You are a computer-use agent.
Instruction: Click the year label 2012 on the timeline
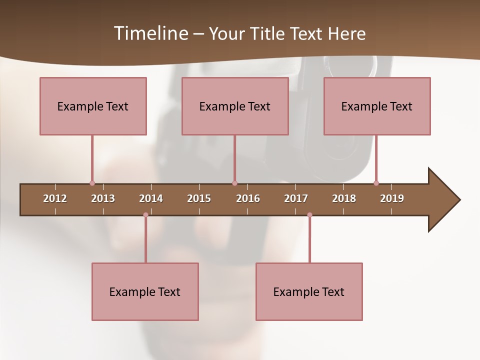[x=55, y=198]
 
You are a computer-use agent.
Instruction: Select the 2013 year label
[x=103, y=198]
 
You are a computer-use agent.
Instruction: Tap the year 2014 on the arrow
[x=151, y=198]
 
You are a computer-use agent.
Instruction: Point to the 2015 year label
[x=199, y=198]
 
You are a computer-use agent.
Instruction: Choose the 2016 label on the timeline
[x=248, y=198]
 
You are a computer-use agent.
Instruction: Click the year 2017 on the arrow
[x=296, y=198]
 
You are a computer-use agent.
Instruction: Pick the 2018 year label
[x=344, y=198]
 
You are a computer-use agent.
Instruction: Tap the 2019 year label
[x=392, y=198]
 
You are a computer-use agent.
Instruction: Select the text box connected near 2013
[x=93, y=106]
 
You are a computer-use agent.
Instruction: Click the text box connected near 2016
[x=235, y=106]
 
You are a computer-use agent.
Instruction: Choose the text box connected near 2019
[x=377, y=106]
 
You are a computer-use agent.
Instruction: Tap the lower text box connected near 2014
[x=145, y=291]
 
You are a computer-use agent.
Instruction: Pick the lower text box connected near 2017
[x=309, y=291]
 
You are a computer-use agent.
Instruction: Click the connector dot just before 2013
[x=92, y=183]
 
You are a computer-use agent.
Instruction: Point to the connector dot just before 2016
[x=234, y=183]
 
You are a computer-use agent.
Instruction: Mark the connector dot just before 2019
[x=376, y=183]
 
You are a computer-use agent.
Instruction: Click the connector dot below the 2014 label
[x=145, y=214]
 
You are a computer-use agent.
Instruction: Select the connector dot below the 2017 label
[x=309, y=214]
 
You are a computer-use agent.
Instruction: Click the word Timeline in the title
[x=150, y=33]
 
